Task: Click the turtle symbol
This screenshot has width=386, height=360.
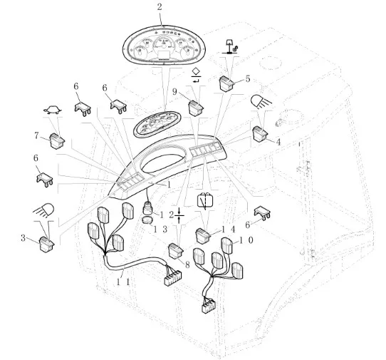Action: tap(53, 110)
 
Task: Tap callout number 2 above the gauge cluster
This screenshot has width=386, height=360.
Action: tap(160, 6)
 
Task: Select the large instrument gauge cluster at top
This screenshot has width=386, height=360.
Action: tap(164, 46)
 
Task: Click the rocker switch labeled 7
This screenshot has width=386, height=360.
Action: tap(57, 140)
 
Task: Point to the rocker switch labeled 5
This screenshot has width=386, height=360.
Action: tap(226, 83)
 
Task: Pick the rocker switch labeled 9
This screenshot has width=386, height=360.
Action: tap(196, 108)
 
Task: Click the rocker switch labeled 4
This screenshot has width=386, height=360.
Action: tap(260, 134)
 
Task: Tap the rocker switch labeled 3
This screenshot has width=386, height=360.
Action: tap(47, 245)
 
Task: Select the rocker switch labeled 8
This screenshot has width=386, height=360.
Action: tap(176, 251)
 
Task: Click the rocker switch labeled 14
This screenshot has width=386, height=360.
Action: tap(203, 236)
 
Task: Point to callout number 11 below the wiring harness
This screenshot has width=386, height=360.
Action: tap(122, 282)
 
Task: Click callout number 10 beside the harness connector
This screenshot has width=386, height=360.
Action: tap(245, 240)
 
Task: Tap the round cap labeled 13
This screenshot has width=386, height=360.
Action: tap(147, 220)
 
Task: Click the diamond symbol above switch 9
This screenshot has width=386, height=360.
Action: tap(196, 71)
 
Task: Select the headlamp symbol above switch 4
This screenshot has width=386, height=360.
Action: tap(261, 102)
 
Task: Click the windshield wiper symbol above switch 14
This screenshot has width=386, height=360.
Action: tap(205, 200)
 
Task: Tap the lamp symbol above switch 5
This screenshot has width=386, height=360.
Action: tap(231, 46)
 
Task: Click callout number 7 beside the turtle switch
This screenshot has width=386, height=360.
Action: tap(37, 135)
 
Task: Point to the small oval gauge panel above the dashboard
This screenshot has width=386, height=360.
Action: tap(157, 124)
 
